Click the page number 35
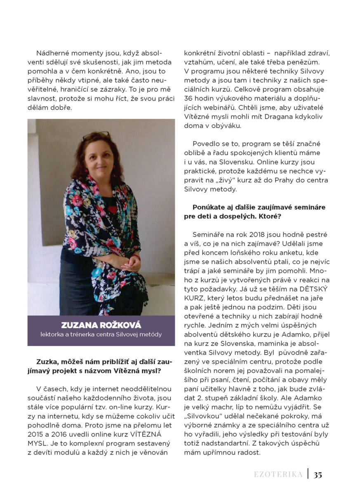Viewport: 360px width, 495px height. click(318, 474)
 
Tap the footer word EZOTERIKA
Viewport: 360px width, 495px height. click(278, 474)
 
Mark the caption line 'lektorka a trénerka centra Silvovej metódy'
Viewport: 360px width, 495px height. click(101, 335)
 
